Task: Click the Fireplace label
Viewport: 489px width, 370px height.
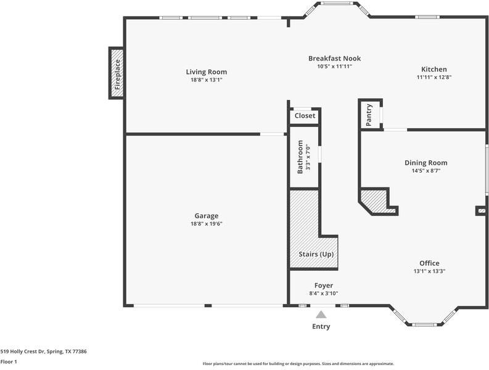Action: (x=117, y=75)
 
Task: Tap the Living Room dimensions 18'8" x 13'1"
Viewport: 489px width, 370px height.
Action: (x=207, y=80)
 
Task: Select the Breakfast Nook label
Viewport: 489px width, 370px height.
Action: (x=335, y=59)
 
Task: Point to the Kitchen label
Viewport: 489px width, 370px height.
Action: (x=434, y=69)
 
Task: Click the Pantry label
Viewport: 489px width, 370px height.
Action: (x=369, y=115)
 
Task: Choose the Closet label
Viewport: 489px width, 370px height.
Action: (x=305, y=116)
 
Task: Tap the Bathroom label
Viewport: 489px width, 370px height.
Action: (x=300, y=157)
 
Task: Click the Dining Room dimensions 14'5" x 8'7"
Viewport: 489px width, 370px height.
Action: (x=426, y=171)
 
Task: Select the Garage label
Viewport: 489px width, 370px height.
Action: (x=207, y=216)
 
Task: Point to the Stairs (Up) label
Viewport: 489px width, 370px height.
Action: (x=316, y=254)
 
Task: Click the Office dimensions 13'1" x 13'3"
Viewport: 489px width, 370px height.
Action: (x=429, y=271)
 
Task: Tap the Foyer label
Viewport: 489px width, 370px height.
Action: (x=324, y=286)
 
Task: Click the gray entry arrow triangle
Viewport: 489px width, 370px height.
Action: (x=321, y=314)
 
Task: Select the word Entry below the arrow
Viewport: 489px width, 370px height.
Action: (x=321, y=327)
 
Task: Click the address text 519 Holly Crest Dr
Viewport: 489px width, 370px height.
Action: (x=23, y=351)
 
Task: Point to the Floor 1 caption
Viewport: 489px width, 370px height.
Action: (x=9, y=362)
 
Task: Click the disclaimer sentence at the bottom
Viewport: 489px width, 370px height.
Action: (x=298, y=364)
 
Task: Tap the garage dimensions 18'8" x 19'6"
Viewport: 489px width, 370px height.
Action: (x=207, y=224)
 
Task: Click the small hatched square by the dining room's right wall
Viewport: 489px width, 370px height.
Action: (x=482, y=211)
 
